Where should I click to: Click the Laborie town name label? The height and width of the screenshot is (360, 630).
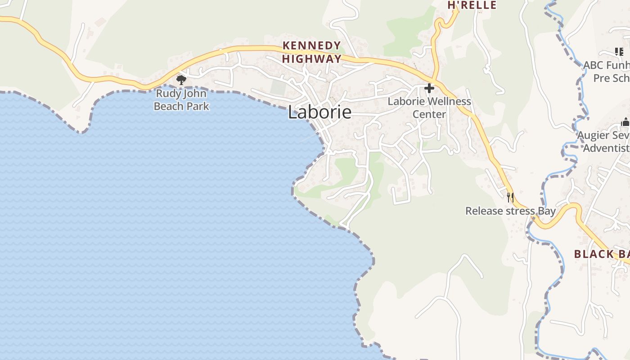point(319,112)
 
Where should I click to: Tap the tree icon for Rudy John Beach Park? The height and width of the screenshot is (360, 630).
point(181,80)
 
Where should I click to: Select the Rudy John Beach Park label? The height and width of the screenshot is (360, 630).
point(181,100)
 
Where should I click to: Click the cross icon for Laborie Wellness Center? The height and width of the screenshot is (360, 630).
point(429,88)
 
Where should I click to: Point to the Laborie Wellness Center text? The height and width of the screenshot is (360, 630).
point(429,108)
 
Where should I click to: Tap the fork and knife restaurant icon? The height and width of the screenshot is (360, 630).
point(510,197)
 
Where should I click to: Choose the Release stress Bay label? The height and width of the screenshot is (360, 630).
point(510,211)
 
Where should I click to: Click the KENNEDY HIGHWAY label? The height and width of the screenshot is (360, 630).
point(311,52)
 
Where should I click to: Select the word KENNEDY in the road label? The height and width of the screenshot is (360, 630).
point(311,45)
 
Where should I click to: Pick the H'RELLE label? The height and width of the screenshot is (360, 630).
point(472,5)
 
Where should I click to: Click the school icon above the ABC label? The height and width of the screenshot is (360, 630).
point(620,52)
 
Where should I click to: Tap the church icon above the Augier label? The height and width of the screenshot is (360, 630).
point(625,122)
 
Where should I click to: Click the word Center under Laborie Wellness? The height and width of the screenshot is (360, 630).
point(429,114)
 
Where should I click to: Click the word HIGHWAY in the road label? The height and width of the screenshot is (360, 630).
point(311,59)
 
